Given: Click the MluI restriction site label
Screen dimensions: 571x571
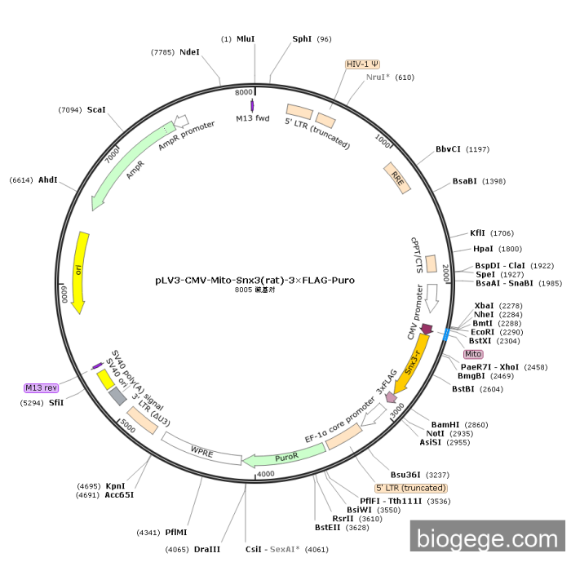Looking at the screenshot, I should (x=246, y=38).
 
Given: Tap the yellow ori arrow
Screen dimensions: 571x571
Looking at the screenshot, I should (x=80, y=272).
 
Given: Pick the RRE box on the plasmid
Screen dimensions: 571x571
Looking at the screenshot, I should (x=397, y=177).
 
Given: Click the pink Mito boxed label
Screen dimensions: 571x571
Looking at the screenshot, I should (x=473, y=354).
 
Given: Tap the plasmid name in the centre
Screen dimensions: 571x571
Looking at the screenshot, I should (x=255, y=280).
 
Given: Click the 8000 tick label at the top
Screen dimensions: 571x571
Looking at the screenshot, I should (x=244, y=92).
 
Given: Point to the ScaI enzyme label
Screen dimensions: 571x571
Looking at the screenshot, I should (x=96, y=109).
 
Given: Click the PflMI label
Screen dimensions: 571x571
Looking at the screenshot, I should (x=176, y=532).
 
